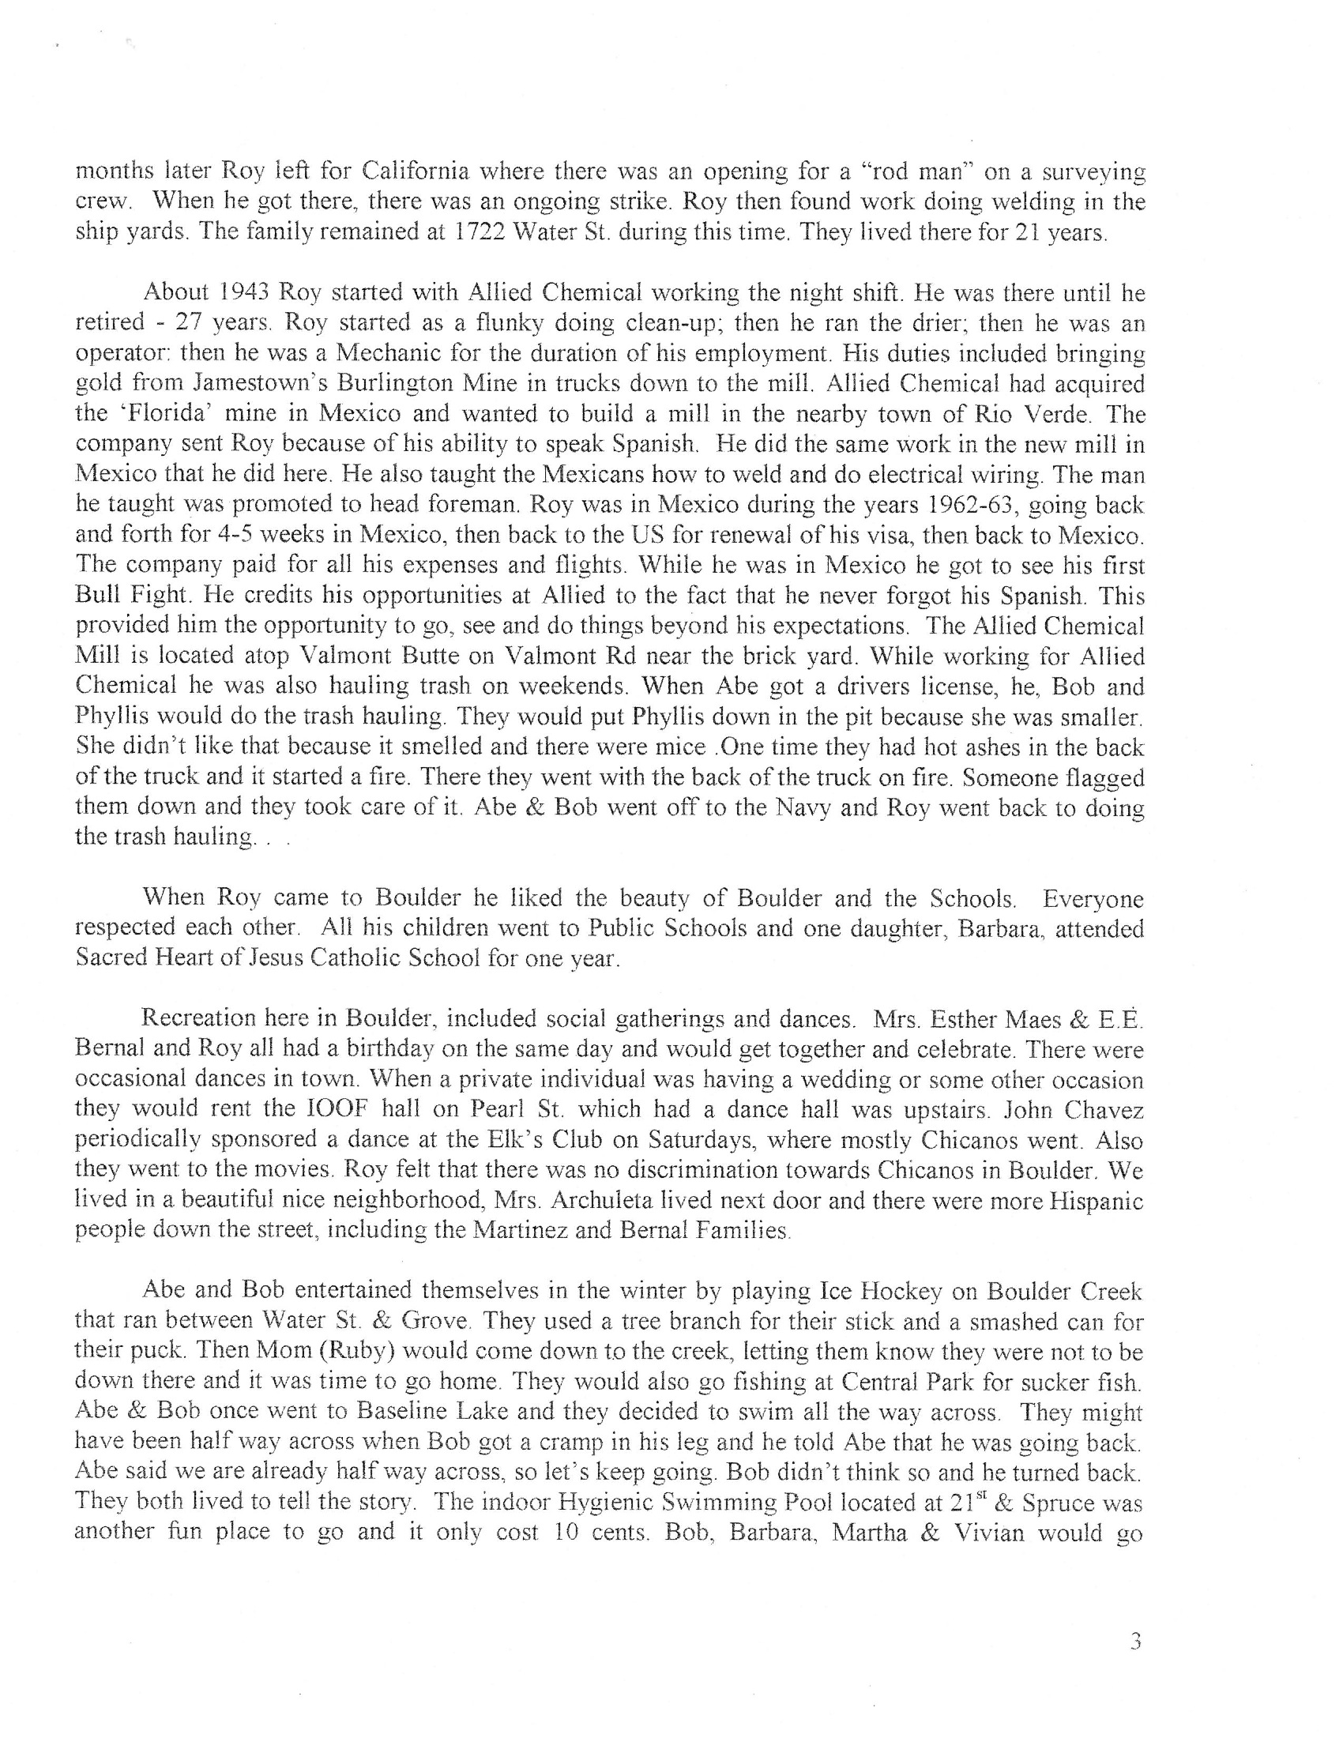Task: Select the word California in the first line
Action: (416, 171)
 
